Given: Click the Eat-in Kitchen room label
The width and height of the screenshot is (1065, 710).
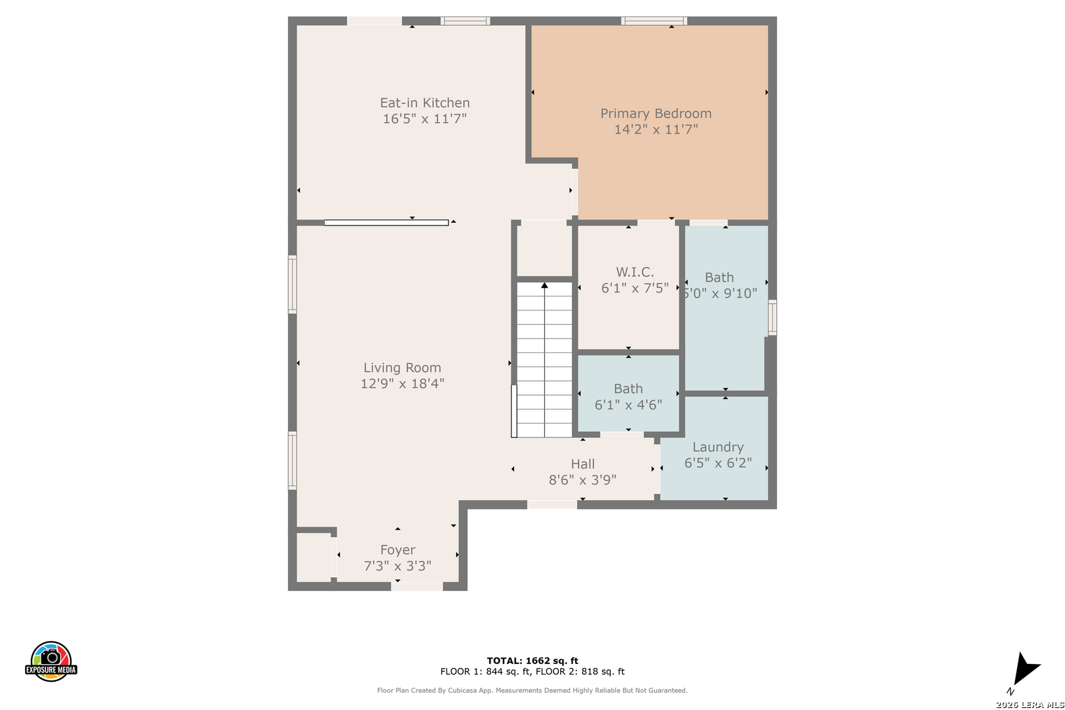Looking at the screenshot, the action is click(425, 103).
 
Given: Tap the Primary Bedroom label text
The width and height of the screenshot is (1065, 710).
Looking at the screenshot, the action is click(655, 114).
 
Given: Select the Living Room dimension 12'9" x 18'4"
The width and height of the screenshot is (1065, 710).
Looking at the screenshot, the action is click(402, 383).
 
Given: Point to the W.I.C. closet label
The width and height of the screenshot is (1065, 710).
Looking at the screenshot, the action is click(634, 272).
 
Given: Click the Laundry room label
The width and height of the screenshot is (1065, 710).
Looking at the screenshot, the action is click(718, 447).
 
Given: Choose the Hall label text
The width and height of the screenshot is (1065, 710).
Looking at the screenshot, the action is click(583, 463).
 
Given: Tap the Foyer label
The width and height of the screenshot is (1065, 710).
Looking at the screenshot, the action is click(398, 550).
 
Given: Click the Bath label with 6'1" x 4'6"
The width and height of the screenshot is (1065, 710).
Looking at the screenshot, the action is click(628, 389).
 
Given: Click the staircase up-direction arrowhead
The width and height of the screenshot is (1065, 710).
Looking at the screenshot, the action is click(544, 285).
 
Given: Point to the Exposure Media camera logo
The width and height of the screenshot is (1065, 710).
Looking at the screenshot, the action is click(51, 661).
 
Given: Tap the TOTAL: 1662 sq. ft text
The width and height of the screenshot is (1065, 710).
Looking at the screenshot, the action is click(532, 661).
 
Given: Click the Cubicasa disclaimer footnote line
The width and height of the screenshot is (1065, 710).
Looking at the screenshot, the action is click(532, 690).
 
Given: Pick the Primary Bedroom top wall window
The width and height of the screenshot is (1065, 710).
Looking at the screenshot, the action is click(653, 21).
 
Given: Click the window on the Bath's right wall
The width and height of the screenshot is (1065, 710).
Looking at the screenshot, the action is click(772, 317).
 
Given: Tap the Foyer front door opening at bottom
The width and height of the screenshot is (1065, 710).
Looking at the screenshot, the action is click(417, 586).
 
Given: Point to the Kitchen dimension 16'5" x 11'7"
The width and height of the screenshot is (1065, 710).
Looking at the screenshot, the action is click(425, 118).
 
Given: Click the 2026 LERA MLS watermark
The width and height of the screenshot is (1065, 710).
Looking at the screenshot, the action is click(1029, 704).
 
